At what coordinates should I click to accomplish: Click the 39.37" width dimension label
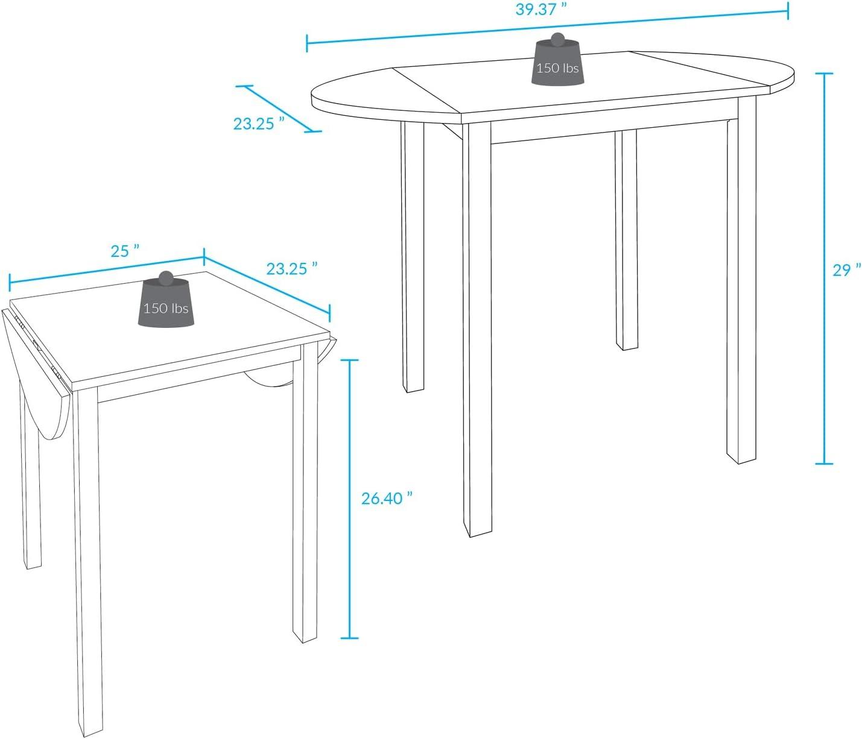pyautogui.click(x=541, y=9)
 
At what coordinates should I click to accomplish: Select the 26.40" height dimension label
pyautogui.click(x=387, y=498)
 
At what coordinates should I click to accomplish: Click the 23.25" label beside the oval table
pyautogui.click(x=259, y=124)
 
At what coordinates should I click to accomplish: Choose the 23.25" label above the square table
pyautogui.click(x=292, y=268)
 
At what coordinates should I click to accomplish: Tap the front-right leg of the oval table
pyautogui.click(x=742, y=279)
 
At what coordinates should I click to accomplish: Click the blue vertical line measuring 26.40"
pyautogui.click(x=349, y=499)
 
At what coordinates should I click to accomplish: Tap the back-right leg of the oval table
pyautogui.click(x=626, y=240)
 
